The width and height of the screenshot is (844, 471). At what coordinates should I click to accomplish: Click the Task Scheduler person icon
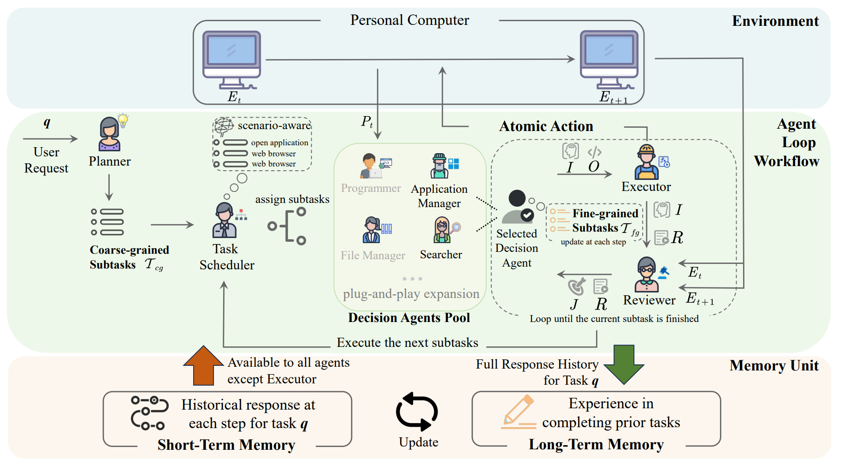coord(224,221)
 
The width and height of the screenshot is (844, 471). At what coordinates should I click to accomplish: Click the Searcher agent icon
coord(442,230)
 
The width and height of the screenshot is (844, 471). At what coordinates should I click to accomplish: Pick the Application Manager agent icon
coord(440,166)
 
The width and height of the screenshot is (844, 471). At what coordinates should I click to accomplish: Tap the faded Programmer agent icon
coord(371,166)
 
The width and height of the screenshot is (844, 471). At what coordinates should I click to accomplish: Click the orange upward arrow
coord(203,365)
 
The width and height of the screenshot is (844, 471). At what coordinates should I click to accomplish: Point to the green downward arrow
coord(624,364)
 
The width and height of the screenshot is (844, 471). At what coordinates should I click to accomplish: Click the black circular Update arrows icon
coord(417,411)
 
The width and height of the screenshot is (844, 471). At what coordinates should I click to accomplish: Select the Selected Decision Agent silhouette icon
coord(518,207)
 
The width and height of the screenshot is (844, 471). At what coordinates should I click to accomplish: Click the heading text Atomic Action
coord(546,126)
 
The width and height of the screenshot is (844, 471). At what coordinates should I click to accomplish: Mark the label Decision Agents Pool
coord(409,318)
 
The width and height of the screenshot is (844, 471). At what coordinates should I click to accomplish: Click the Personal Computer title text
coord(409,20)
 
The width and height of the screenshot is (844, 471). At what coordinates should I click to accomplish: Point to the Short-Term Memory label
coord(226,445)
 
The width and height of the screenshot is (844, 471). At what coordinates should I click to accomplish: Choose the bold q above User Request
coord(47,123)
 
